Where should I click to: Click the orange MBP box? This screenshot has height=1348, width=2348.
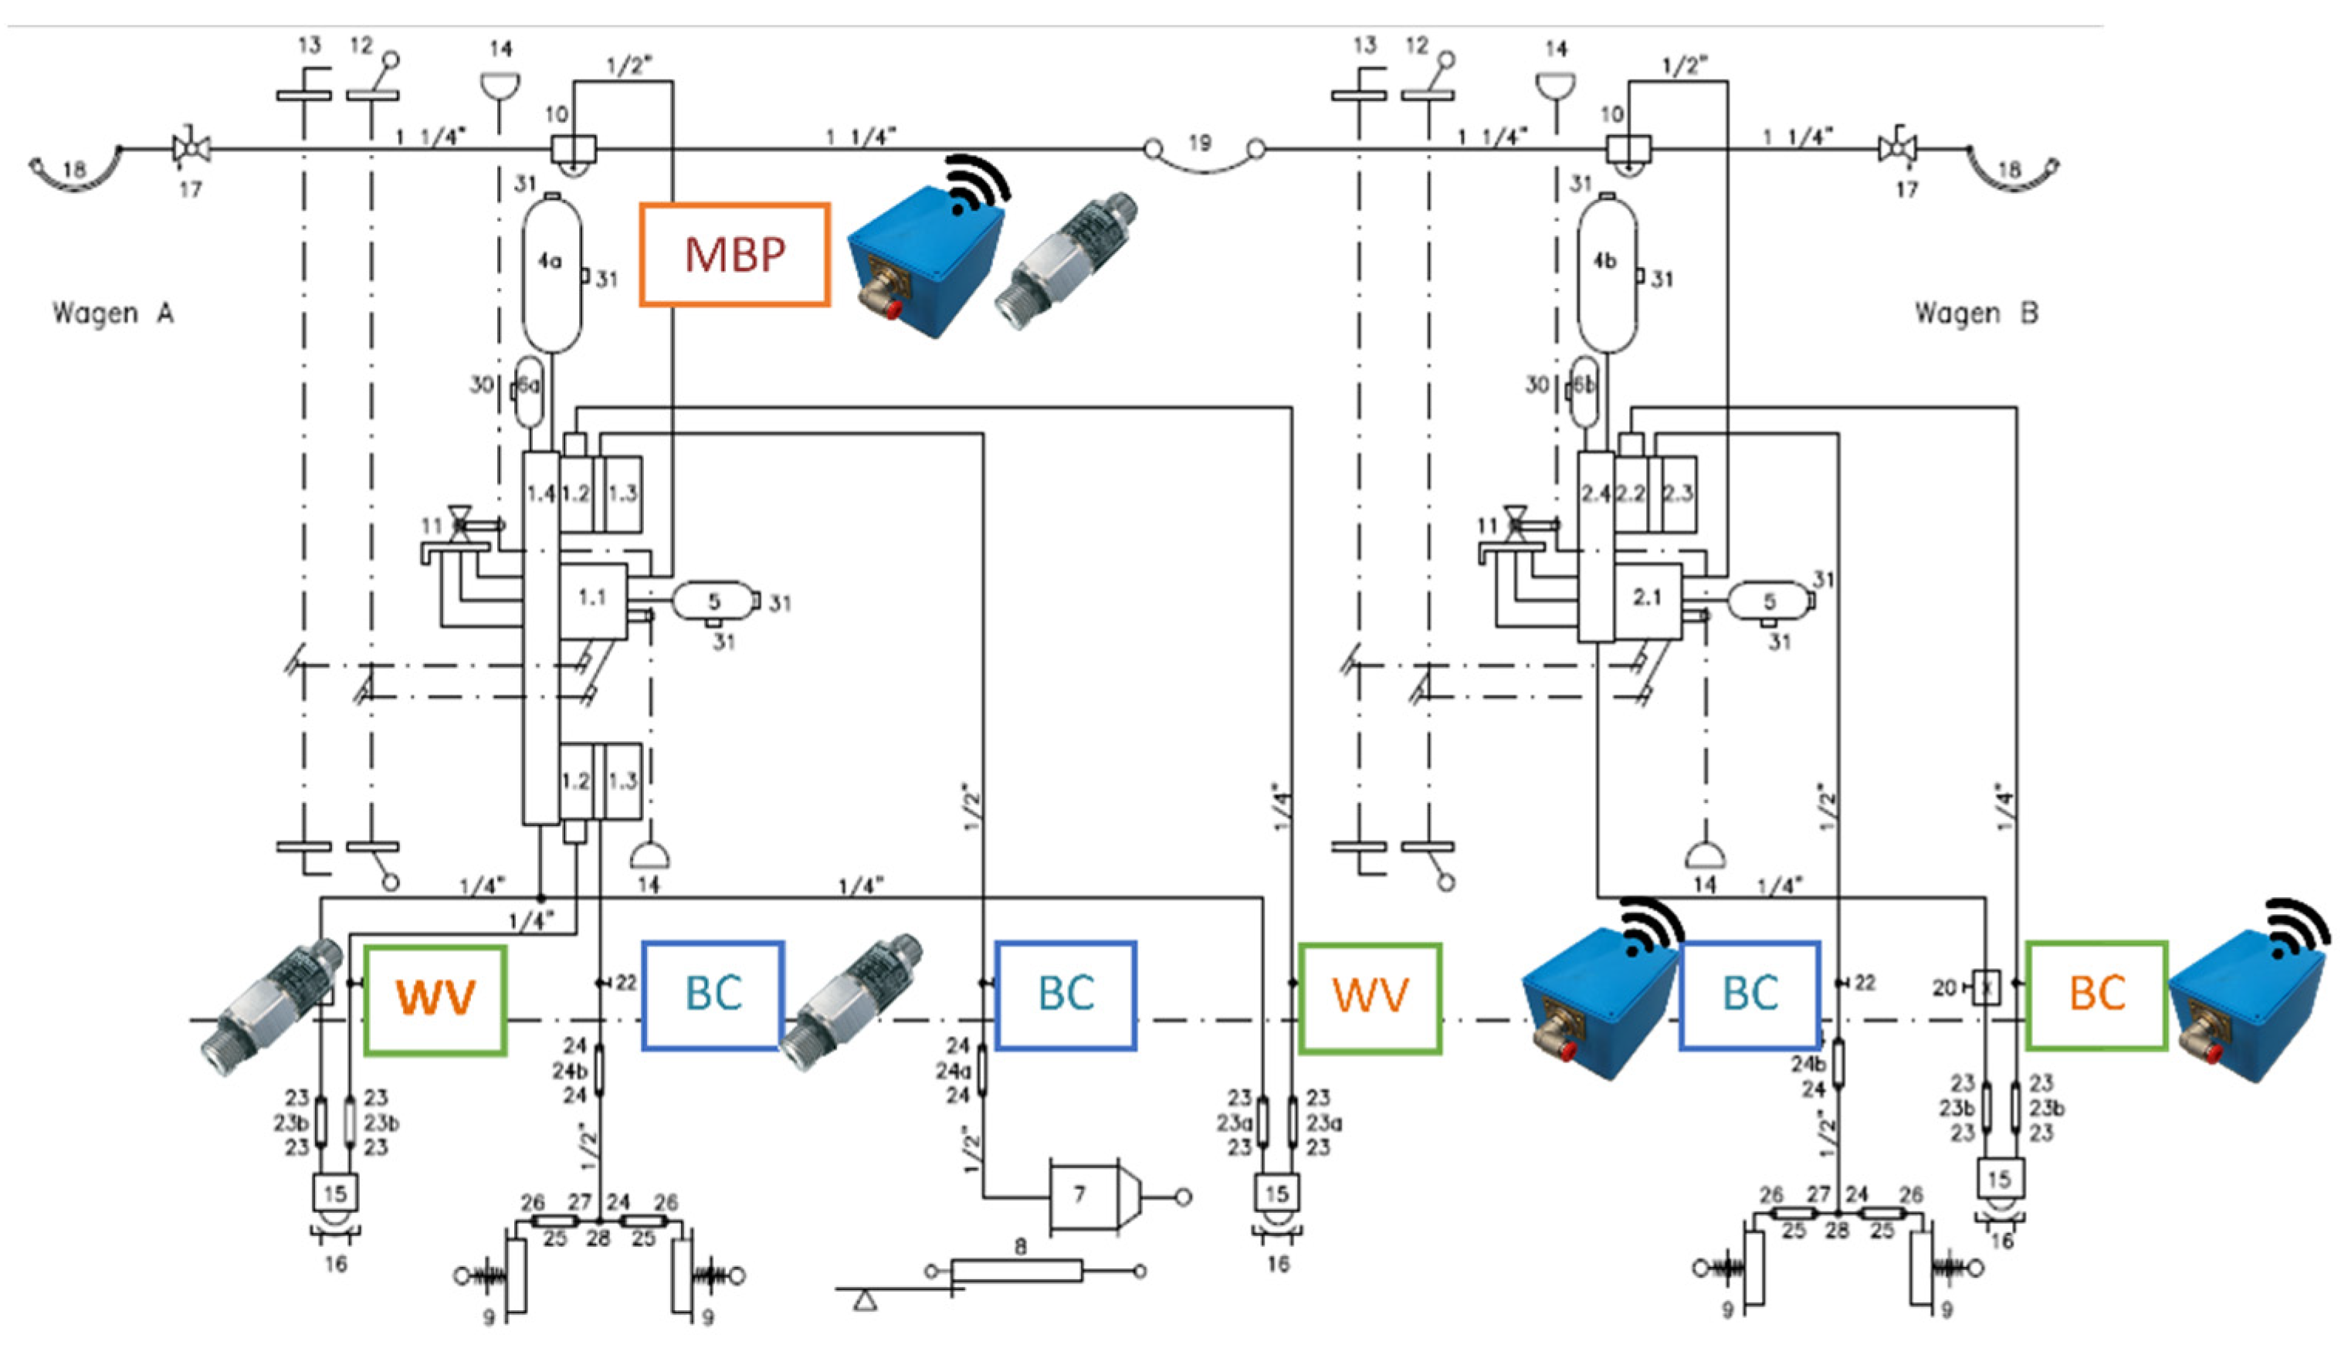734,255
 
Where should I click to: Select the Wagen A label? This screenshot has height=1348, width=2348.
113,313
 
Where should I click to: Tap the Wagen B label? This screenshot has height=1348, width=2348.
1976,313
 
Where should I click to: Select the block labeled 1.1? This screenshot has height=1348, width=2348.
592,599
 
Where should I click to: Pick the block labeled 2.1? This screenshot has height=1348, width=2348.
1647,599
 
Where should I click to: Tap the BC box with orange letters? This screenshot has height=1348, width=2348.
2096,995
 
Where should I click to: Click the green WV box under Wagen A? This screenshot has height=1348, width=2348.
435,999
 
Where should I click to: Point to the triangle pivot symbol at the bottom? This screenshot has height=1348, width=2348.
865,1302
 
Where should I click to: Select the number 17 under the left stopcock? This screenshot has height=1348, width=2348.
191,190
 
